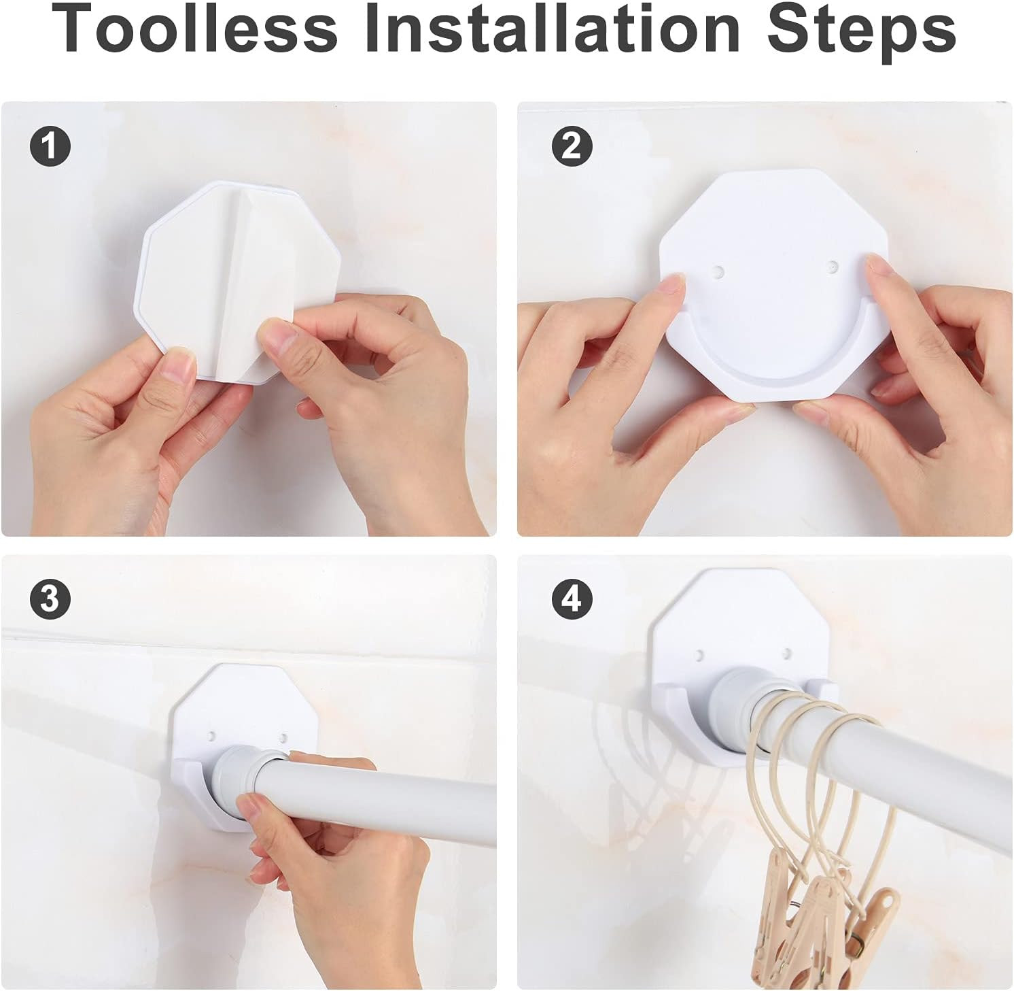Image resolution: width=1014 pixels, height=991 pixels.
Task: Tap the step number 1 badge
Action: [x=50, y=146]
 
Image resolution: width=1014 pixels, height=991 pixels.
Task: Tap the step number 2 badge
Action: [x=572, y=146]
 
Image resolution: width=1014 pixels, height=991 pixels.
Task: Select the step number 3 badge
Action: [x=50, y=599]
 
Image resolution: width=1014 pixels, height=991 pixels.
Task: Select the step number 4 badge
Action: [x=572, y=599]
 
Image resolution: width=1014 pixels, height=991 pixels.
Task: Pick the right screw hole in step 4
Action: [x=786, y=654]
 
